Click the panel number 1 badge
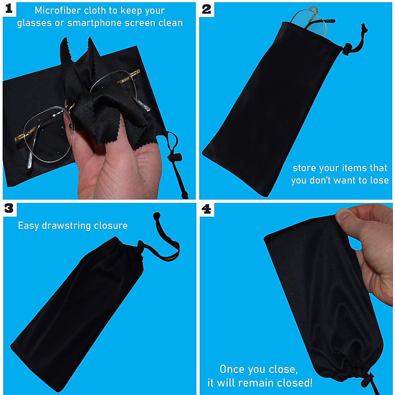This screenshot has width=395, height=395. pos(9,9)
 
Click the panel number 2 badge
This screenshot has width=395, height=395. pos(206,9)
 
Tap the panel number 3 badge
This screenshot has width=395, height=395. pos(9,208)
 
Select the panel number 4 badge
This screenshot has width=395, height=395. pos(206,208)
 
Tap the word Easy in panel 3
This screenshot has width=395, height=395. pos(29,225)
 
